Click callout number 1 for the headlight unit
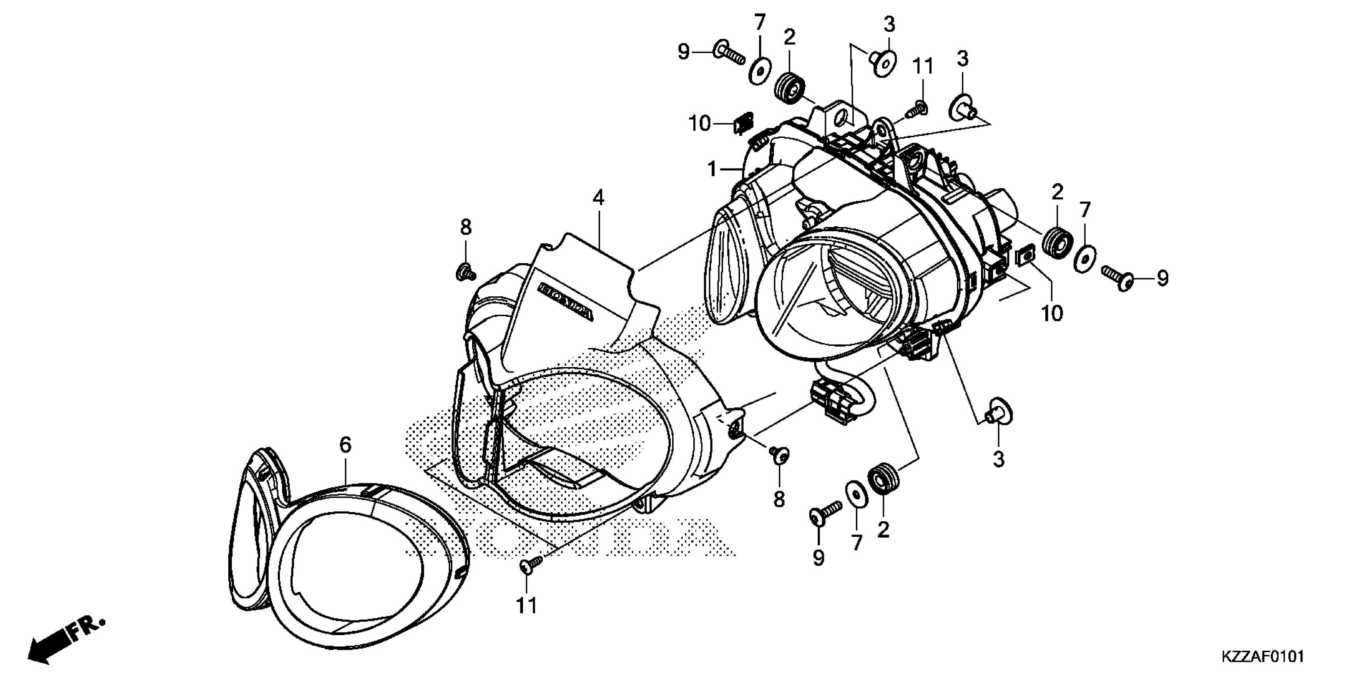click(x=712, y=169)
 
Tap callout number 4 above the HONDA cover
click(x=598, y=198)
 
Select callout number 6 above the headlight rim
click(x=345, y=445)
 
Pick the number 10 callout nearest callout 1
click(x=700, y=124)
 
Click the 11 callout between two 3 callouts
click(x=923, y=66)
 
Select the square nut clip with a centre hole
click(x=1024, y=257)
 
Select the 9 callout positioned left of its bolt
click(x=683, y=52)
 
